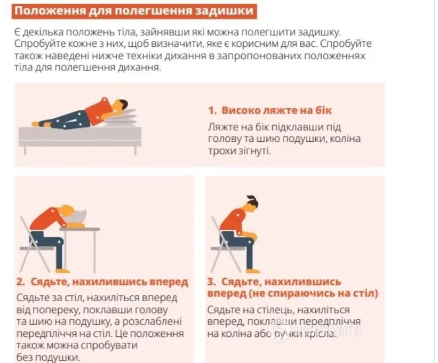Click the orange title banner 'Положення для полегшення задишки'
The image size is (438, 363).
coord(134,11)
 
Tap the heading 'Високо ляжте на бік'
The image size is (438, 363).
coord(276,110)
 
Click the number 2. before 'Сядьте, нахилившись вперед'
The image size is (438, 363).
coord(21,282)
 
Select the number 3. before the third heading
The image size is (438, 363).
coord(212,281)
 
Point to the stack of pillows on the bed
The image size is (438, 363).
coord(122,118)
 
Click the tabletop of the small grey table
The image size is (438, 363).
coord(79,229)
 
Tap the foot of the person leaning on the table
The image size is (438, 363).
coord(62,270)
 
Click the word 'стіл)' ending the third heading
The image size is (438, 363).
coord(367,294)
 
